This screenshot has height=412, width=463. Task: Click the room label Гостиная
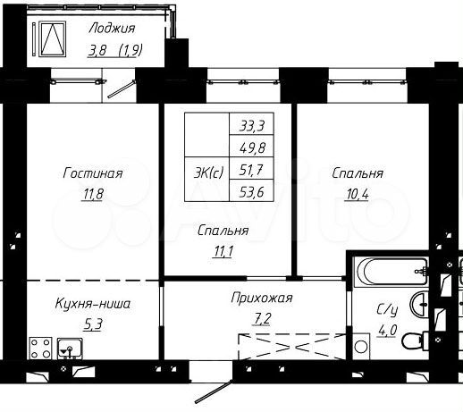coord(93,172)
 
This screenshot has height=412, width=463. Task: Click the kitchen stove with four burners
coord(39,347)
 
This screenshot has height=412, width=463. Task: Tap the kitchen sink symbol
coord(67,348)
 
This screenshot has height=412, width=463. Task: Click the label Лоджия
coord(113,28)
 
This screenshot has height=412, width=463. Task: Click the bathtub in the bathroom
coord(385,269)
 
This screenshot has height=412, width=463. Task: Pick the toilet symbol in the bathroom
coord(414,341)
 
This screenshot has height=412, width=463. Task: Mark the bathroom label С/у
coord(386,310)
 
